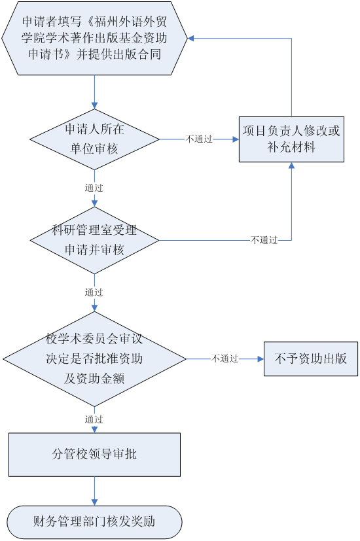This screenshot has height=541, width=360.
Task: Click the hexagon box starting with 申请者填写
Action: click(94, 38)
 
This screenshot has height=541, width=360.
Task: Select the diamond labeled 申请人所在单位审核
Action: click(94, 139)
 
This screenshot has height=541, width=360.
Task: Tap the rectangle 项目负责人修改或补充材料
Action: click(291, 139)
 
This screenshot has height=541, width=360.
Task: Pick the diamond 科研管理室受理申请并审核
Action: click(94, 240)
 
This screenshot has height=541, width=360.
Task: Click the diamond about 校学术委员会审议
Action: click(94, 359)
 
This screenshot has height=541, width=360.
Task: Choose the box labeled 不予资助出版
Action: click(311, 359)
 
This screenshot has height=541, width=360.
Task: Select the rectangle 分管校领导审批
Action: click(94, 455)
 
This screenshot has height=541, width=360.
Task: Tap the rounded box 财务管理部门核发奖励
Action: click(94, 522)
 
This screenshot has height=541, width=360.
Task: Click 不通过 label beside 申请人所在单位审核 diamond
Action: click(199, 139)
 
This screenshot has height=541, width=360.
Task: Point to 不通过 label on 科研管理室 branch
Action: click(264, 240)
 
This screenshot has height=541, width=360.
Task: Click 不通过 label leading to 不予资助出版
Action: click(225, 358)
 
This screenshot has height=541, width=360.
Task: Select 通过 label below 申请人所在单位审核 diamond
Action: click(94, 188)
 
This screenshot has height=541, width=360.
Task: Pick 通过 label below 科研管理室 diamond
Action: click(94, 292)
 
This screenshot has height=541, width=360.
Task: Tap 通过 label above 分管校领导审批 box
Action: click(94, 419)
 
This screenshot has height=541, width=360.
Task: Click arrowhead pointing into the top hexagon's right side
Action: click(190, 39)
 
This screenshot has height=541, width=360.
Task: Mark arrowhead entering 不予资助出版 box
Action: click(261, 359)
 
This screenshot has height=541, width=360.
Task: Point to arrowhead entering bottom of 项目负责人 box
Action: click(291, 166)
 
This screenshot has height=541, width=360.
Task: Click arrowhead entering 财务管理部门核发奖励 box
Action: click(94, 502)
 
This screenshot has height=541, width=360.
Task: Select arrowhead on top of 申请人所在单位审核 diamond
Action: click(94, 105)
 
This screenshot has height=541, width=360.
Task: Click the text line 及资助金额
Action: click(94, 379)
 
